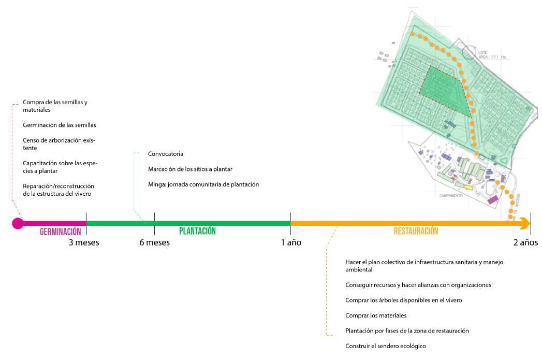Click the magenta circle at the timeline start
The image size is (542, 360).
pyautogui.click(x=18, y=223)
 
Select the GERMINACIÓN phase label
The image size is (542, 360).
pyautogui.click(x=61, y=232)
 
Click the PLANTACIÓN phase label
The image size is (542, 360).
pyautogui.click(x=197, y=232)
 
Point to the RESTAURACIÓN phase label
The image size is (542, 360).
pyautogui.click(x=416, y=232)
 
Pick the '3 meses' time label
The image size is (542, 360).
pyautogui.click(x=84, y=242)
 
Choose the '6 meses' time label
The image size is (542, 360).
pyautogui.click(x=154, y=242)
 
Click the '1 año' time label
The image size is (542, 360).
pyautogui.click(x=291, y=242)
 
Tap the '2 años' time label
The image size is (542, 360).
pyautogui.click(x=525, y=242)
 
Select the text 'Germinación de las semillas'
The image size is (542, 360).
pyautogui.click(x=60, y=125)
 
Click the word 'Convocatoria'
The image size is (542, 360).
pyautogui.click(x=166, y=154)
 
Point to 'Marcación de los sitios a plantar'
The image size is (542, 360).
pyautogui.click(x=190, y=169)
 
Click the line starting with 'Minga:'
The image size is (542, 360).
pyautogui.click(x=203, y=184)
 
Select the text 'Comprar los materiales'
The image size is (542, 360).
pyautogui.click(x=376, y=315)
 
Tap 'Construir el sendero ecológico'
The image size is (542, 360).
pyautogui.click(x=386, y=346)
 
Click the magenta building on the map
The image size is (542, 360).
pyautogui.click(x=492, y=199)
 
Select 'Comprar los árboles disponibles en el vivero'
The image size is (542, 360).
pyautogui.click(x=404, y=300)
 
